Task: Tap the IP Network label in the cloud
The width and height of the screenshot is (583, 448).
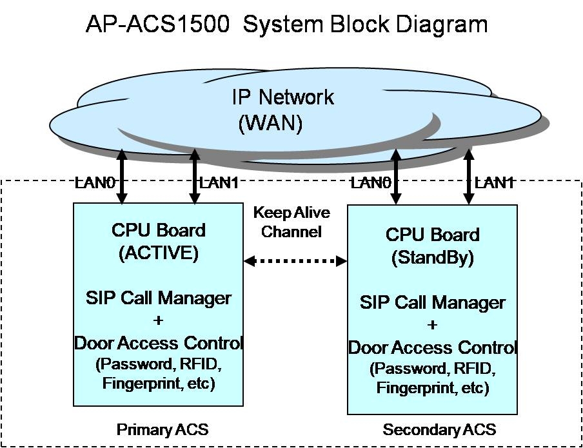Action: (282, 97)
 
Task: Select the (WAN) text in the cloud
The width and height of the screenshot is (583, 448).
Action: (270, 123)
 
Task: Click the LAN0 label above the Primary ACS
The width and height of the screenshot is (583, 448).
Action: (95, 183)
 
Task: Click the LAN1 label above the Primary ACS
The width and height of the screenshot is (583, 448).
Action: (219, 183)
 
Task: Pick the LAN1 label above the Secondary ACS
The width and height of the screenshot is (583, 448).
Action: (495, 183)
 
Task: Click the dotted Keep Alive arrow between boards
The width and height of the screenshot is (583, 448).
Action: (295, 261)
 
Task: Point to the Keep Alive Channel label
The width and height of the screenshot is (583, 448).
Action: (291, 222)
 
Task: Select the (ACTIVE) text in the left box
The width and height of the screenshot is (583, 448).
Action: (158, 253)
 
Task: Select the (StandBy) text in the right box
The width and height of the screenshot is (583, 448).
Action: (432, 258)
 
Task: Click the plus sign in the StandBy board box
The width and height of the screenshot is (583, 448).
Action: (432, 325)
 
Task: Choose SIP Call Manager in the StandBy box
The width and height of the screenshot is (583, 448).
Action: (432, 302)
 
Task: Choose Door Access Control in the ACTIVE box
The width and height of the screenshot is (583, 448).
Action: (158, 343)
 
